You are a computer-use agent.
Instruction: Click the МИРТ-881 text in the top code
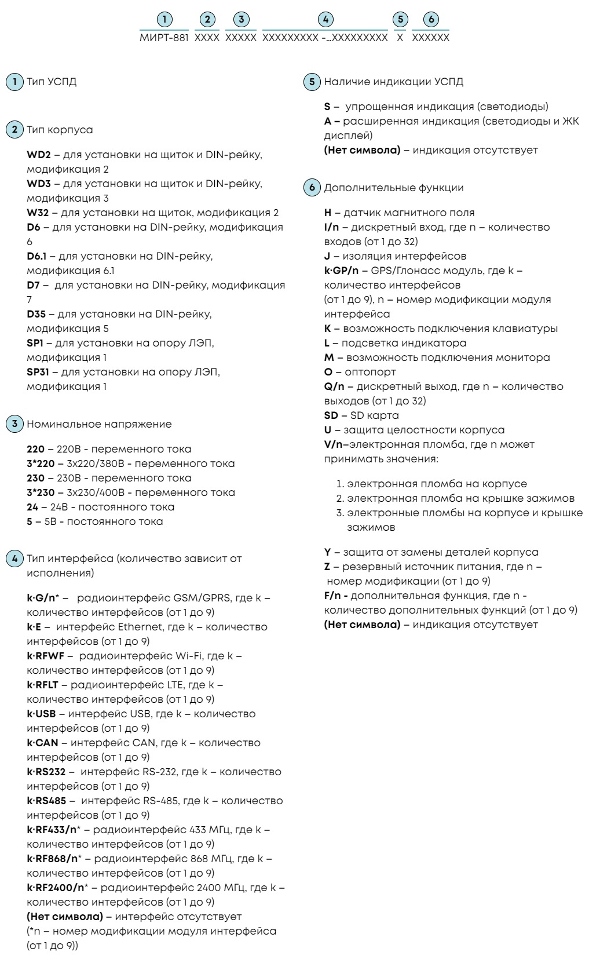point(164,38)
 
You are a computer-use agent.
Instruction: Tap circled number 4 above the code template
point(325,20)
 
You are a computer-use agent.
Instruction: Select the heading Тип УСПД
point(52,82)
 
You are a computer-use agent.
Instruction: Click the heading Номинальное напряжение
point(99,424)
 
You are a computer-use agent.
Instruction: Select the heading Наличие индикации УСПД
point(394,82)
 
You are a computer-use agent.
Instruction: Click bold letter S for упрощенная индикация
point(327,107)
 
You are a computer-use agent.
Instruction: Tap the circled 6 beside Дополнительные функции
point(312,188)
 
